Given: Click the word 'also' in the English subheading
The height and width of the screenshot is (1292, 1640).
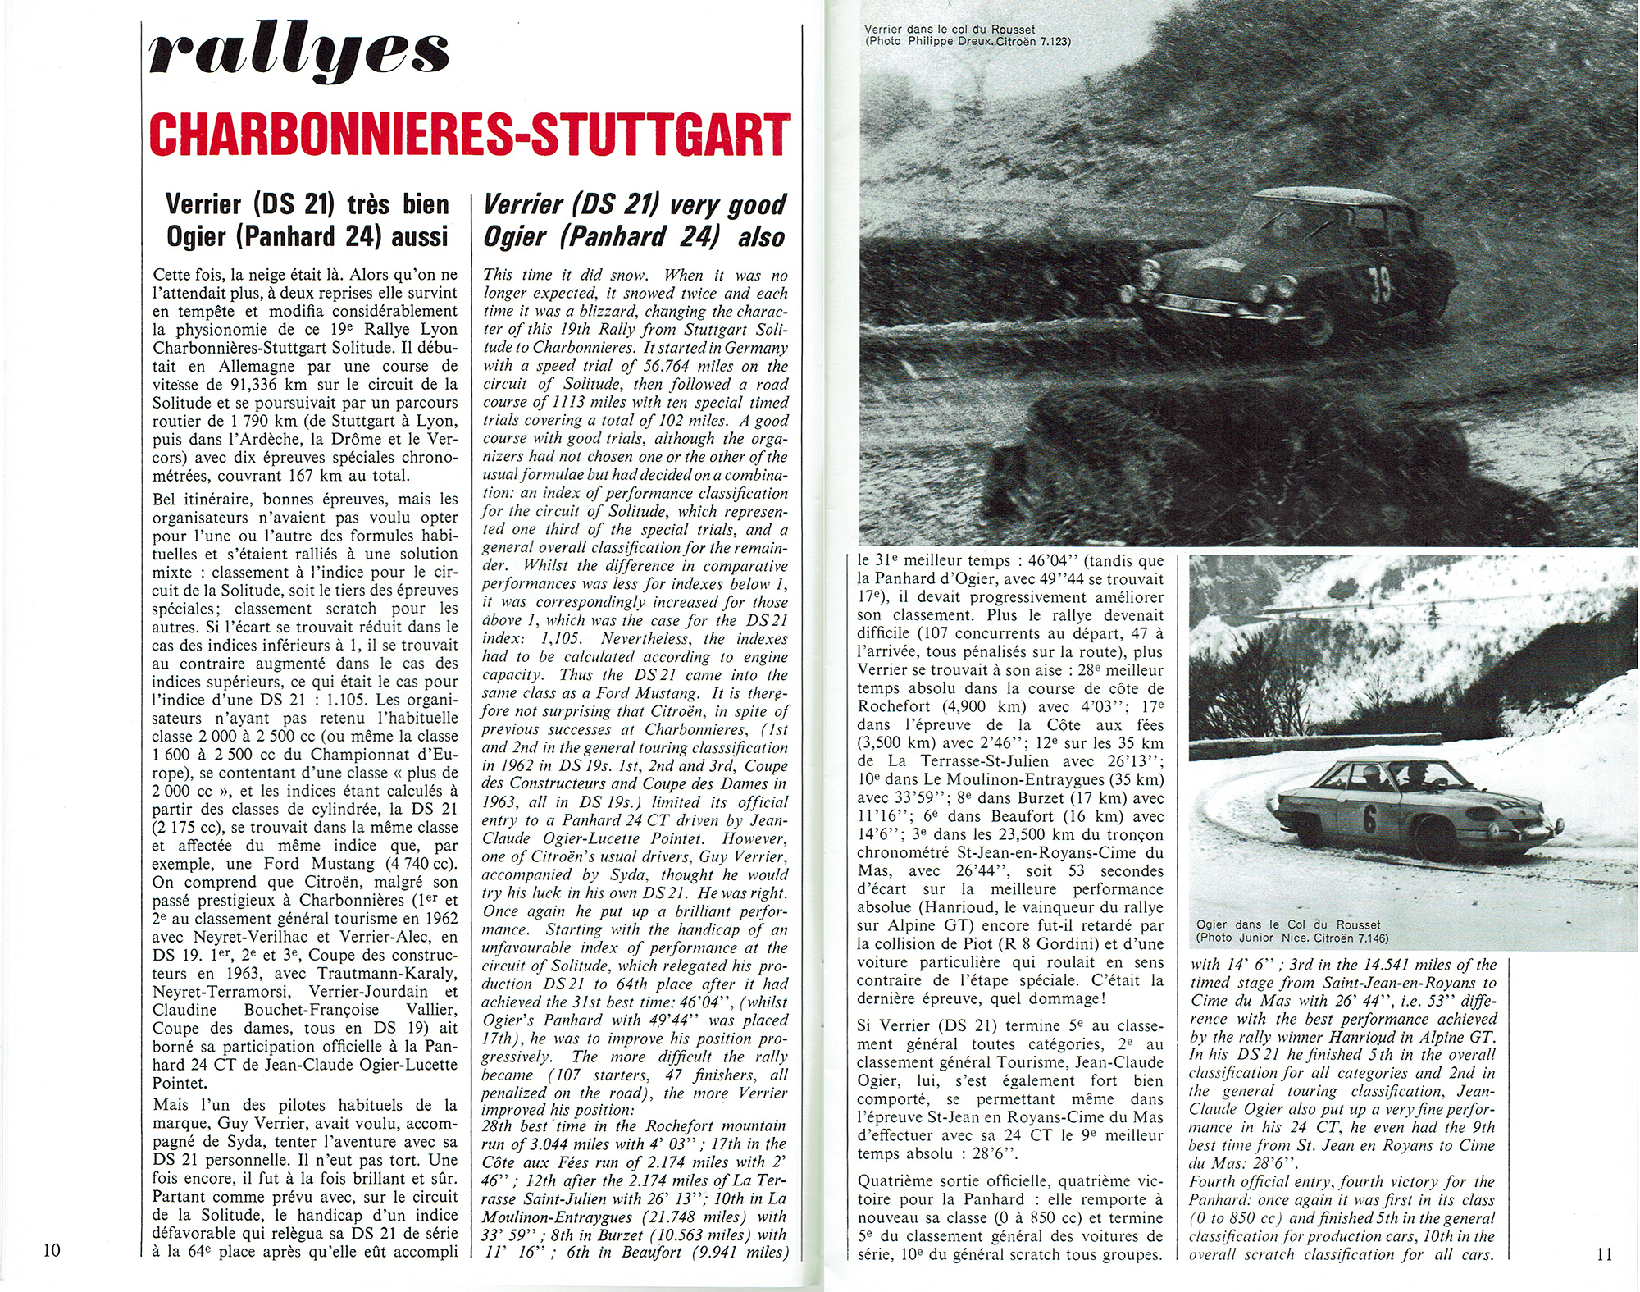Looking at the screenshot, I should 761,238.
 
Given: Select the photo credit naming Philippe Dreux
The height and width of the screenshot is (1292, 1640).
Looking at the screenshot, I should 968,41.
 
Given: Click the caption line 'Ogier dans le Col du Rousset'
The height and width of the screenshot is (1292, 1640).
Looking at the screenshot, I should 1288,924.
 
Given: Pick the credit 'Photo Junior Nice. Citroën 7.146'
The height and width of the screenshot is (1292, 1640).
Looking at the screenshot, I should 1292,938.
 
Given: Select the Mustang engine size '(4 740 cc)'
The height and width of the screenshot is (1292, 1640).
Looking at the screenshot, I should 419,864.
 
